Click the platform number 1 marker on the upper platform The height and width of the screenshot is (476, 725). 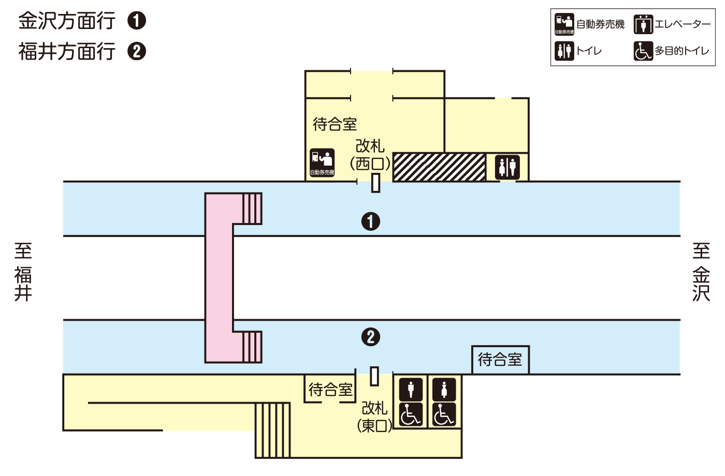tap(370, 221)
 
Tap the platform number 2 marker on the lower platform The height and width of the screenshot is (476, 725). tap(370, 337)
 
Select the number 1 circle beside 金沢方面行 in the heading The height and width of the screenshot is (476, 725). tap(137, 21)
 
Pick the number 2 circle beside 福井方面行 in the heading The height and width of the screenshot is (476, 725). tap(137, 51)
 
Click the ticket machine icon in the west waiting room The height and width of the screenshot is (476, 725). tap(322, 162)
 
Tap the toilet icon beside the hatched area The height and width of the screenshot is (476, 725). tap(507, 167)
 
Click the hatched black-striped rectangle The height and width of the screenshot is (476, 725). tap(439, 167)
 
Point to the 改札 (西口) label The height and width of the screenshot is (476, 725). tap(370, 155)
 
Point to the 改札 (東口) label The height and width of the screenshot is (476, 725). tap(374, 417)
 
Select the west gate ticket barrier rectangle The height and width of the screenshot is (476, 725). tap(375, 183)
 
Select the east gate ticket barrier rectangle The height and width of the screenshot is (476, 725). tap(374, 376)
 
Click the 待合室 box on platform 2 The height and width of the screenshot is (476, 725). tap(500, 360)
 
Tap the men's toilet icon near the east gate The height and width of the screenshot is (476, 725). tap(411, 389)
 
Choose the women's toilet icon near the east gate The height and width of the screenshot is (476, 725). tap(444, 389)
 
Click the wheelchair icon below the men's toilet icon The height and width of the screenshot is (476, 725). tap(411, 414)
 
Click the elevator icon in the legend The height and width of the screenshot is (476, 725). tap(643, 24)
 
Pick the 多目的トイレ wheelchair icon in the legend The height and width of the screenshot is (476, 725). tap(643, 51)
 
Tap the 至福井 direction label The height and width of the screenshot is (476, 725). tap(23, 272)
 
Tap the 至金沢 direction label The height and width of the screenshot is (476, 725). tap(701, 272)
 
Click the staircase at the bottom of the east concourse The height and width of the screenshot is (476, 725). tap(272, 430)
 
